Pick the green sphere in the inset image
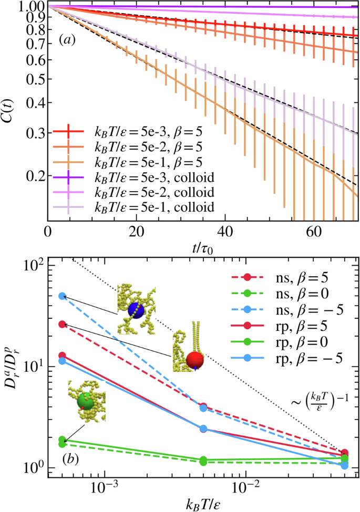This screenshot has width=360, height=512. [85, 402]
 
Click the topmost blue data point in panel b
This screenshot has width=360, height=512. [62, 296]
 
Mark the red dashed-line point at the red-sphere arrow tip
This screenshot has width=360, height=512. [62, 325]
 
